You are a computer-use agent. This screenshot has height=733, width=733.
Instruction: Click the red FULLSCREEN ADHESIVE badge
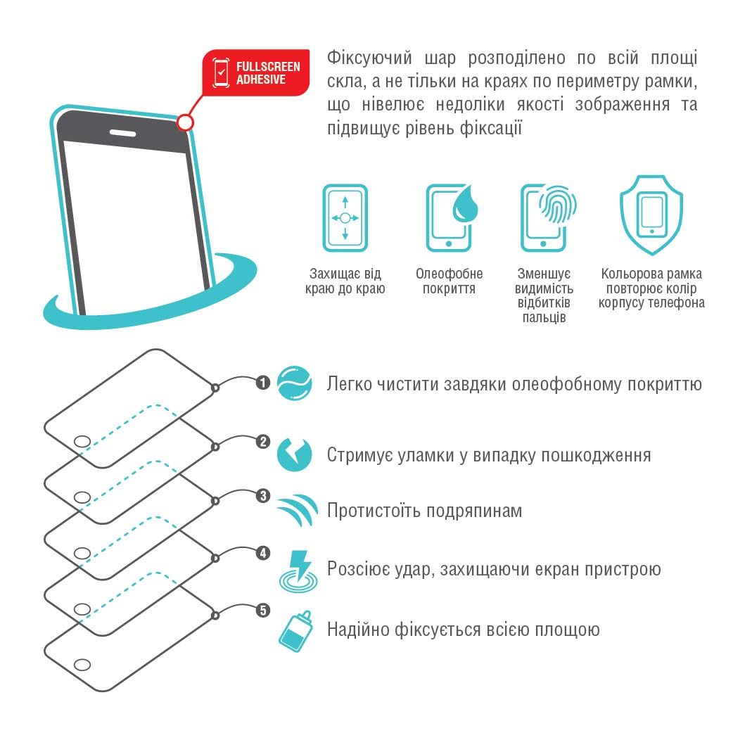256,72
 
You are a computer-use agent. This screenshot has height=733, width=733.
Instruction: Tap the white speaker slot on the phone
122,133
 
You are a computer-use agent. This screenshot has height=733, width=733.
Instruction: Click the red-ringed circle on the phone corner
185,122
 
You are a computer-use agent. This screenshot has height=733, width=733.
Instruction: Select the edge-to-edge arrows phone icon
345,218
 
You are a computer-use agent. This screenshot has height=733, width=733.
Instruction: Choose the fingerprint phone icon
548,218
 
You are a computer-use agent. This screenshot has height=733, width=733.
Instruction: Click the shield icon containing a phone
651,215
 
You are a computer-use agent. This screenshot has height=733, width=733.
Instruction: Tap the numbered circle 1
262,383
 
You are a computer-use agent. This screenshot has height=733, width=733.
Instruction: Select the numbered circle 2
262,442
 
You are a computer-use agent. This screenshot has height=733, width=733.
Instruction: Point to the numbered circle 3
262,496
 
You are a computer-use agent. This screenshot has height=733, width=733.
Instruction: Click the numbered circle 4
262,553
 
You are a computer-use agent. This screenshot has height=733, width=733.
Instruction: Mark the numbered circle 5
262,611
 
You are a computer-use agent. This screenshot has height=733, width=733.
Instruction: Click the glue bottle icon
296,631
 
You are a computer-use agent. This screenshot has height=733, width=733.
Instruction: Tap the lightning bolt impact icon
298,571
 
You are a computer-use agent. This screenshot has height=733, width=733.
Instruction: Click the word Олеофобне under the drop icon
450,274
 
